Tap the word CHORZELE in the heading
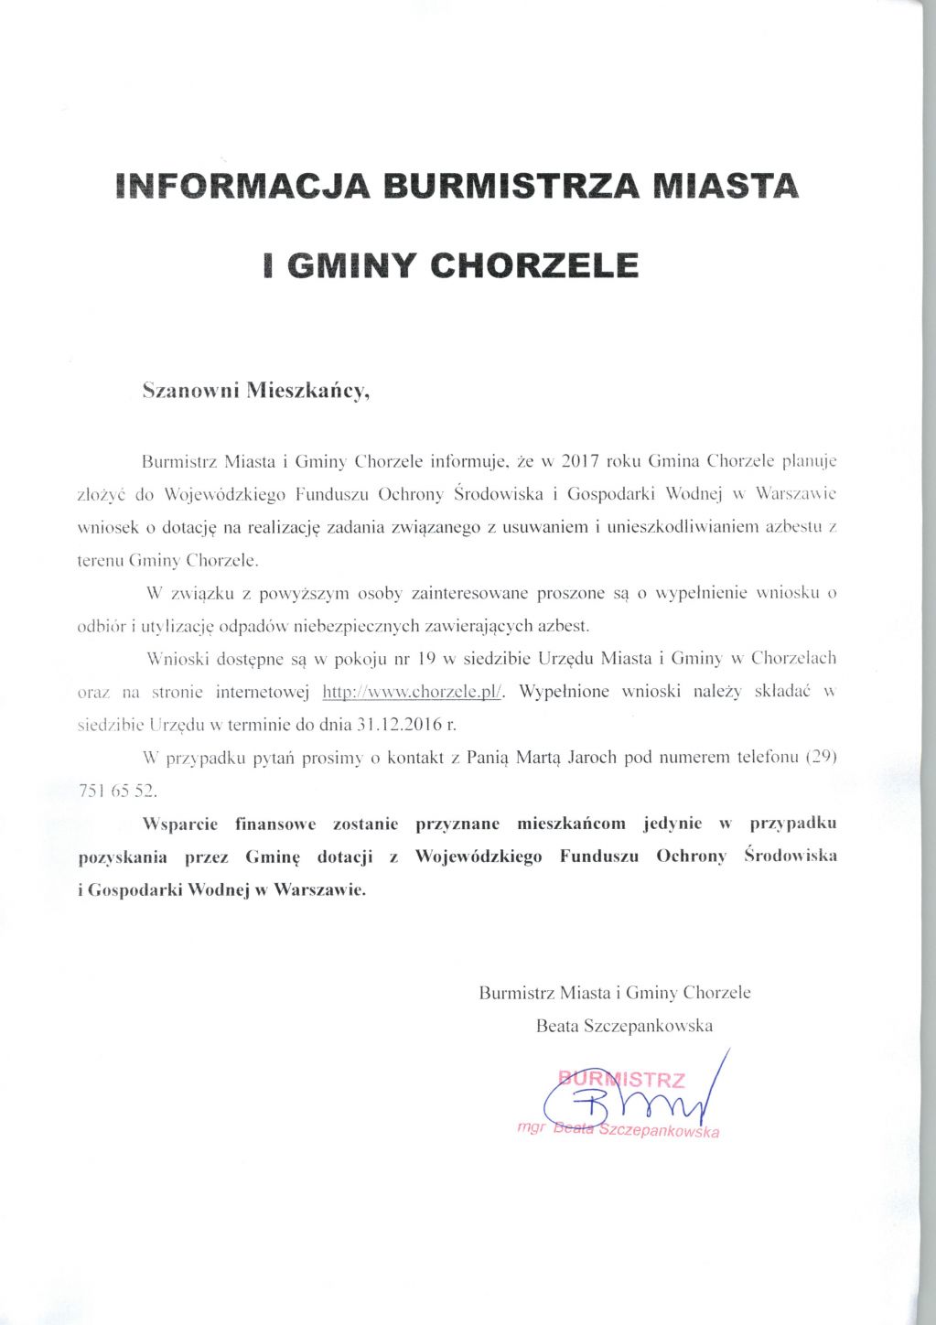point(533,265)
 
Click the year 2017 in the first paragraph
point(580,460)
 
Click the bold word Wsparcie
point(180,824)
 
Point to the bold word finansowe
point(275,824)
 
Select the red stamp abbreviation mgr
point(530,1126)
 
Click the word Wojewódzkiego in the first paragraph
point(221,494)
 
